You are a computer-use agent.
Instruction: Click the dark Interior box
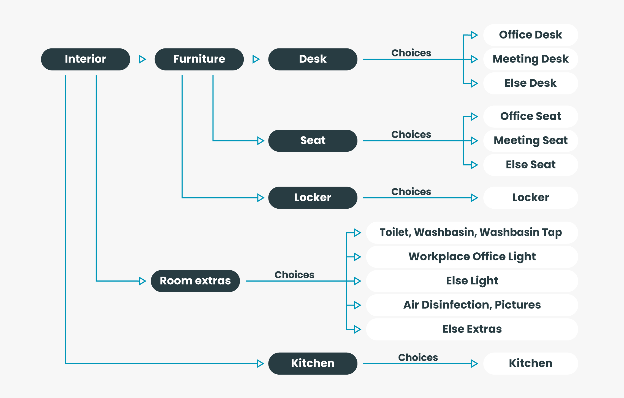pyautogui.click(x=85, y=59)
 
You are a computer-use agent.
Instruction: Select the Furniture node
pyautogui.click(x=199, y=59)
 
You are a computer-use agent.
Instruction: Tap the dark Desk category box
pyautogui.click(x=313, y=59)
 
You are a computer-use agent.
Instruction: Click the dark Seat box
pyautogui.click(x=313, y=141)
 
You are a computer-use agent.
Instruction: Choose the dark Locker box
pyautogui.click(x=313, y=198)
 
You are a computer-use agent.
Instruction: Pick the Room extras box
pyautogui.click(x=195, y=281)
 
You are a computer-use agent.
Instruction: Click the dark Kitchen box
pyautogui.click(x=313, y=363)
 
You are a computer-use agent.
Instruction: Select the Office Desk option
pyautogui.click(x=531, y=35)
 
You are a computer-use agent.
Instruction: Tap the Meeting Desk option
pyautogui.click(x=531, y=59)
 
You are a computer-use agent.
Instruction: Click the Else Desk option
pyautogui.click(x=531, y=83)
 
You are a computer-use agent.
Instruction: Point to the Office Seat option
pyautogui.click(x=531, y=116)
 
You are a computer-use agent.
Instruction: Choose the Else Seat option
pyautogui.click(x=531, y=165)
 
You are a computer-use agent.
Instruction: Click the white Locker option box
pyautogui.click(x=531, y=198)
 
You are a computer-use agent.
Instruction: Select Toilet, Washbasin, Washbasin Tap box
pyautogui.click(x=472, y=233)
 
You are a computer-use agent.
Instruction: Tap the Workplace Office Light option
pyautogui.click(x=472, y=257)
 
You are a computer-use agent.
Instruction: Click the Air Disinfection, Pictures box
pyautogui.click(x=472, y=305)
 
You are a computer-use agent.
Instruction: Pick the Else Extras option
pyautogui.click(x=472, y=329)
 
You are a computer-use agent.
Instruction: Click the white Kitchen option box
pyautogui.click(x=531, y=363)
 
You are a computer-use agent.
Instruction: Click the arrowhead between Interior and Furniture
pyautogui.click(x=142, y=59)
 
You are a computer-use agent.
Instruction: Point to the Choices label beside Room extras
pyautogui.click(x=294, y=275)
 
